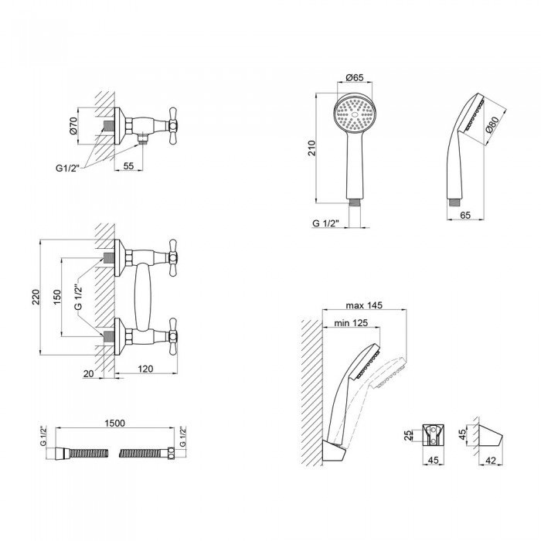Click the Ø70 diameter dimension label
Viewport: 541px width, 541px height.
click(73, 125)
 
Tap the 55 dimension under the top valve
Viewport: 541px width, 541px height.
click(128, 165)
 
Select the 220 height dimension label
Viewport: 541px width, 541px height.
click(36, 297)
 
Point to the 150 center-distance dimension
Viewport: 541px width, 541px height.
click(56, 297)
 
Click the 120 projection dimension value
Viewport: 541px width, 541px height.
click(145, 369)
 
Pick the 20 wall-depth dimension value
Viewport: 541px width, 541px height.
click(88, 373)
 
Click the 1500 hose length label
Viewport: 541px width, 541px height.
click(115, 423)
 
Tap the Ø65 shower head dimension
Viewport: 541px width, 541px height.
click(354, 77)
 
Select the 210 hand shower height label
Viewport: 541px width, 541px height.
click(312, 148)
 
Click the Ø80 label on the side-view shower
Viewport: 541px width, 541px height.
click(492, 124)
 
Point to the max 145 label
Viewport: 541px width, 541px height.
click(364, 305)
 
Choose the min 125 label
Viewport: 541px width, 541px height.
click(351, 323)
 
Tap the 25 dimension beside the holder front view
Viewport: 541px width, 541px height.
click(408, 435)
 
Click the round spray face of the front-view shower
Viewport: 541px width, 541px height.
click(355, 114)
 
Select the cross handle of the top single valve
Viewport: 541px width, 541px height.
click(172, 125)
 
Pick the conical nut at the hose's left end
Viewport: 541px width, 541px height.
click(63, 454)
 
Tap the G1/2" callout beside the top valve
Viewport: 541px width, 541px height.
click(68, 168)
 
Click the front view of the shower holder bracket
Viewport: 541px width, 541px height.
click(433, 435)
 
